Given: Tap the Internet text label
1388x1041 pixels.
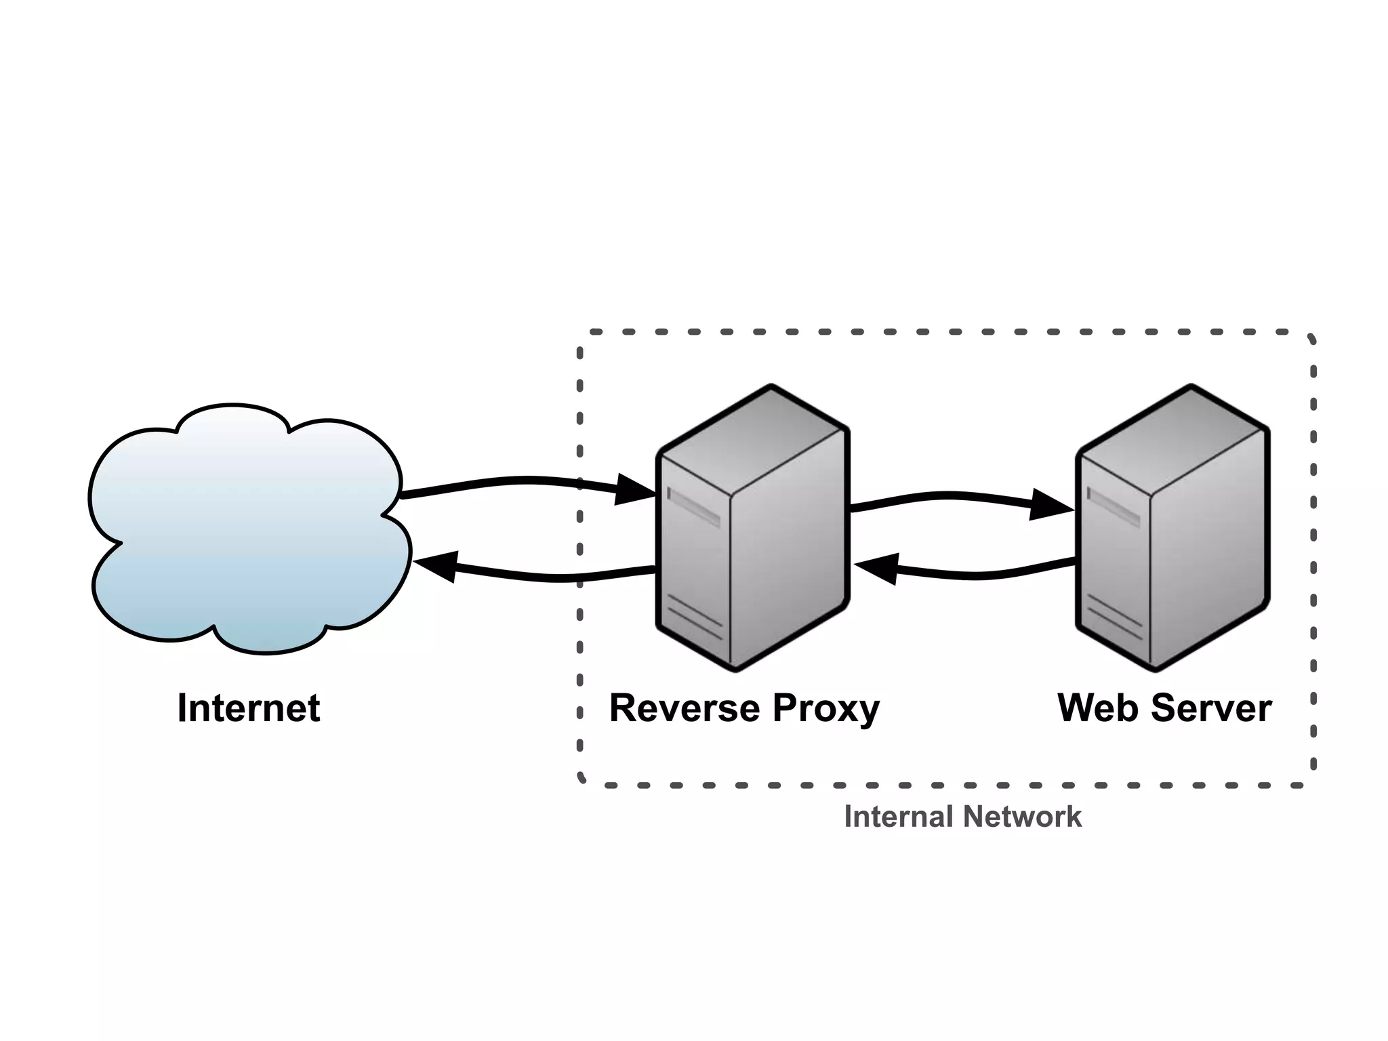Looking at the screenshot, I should (248, 708).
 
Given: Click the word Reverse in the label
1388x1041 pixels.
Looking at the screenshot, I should (685, 708).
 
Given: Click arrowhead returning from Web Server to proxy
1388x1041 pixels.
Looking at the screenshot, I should (878, 567).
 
